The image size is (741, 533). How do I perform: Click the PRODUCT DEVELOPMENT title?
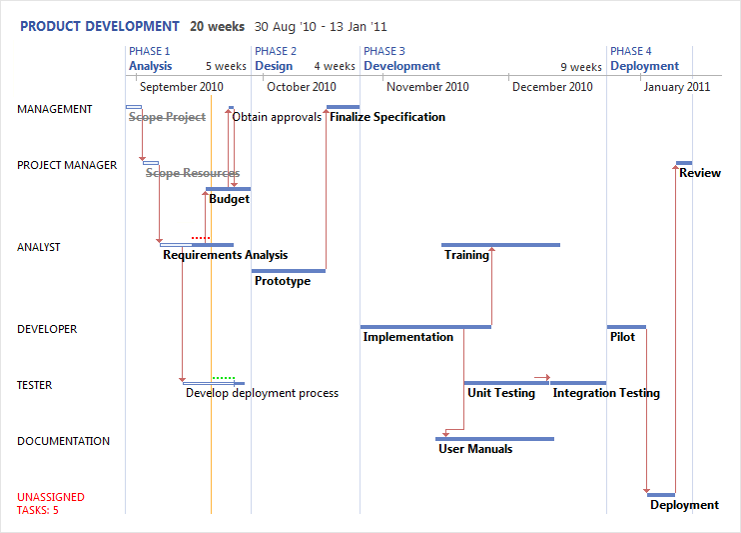100,27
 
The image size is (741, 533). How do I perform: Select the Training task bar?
500,244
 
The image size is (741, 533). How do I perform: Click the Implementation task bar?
425,326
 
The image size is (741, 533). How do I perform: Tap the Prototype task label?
283,281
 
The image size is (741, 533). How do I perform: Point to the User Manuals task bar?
495,438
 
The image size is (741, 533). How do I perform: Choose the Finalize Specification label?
387,117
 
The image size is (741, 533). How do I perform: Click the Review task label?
700,173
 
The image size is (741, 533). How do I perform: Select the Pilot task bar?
626,326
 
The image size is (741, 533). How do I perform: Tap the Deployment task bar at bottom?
661,494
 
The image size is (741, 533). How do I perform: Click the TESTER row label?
35,385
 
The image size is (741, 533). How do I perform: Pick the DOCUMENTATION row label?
64,441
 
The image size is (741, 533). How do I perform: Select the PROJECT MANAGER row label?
67,165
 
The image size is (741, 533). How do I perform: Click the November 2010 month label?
426,87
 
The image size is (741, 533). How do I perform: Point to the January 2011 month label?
676,87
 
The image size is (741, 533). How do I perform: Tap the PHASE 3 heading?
384,51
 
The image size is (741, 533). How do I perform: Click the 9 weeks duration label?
580,67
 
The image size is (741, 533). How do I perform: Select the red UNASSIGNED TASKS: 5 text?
51,503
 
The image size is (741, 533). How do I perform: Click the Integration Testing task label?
606,393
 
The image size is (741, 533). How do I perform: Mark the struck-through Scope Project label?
167,117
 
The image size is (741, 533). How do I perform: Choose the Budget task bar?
229,188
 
